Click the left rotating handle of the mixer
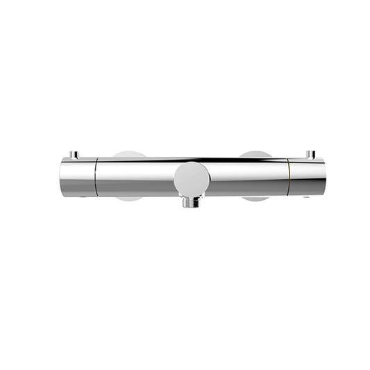[77, 177]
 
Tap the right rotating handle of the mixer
[306, 176]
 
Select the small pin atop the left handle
[78, 154]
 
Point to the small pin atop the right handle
[310, 153]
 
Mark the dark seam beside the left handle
[95, 177]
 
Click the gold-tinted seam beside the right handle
[289, 177]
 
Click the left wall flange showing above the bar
[131, 155]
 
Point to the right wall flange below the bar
[255, 199]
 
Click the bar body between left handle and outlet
[135, 177]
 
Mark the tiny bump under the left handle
[84, 197]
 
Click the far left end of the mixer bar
[62, 178]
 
